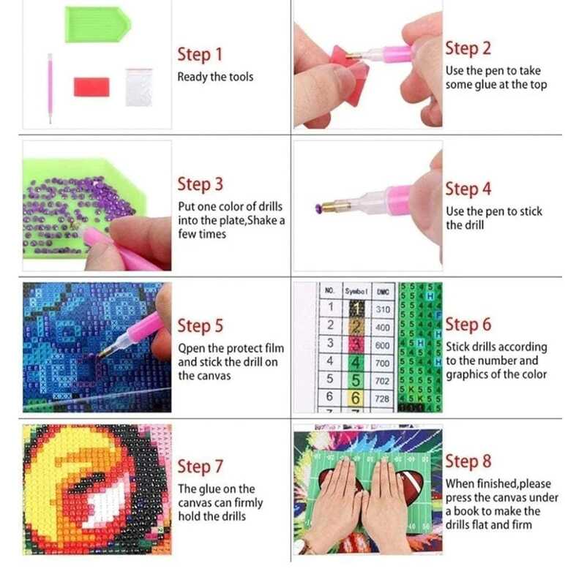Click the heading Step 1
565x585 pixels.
coord(200,54)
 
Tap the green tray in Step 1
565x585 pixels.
coord(98,25)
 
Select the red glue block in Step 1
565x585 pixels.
coord(91,87)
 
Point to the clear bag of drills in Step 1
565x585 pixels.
coord(139,87)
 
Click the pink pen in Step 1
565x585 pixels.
coord(50,88)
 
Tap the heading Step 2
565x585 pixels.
coord(468,49)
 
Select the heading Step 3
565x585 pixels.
coord(200,184)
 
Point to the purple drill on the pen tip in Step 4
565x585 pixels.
coord(318,207)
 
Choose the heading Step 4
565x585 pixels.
coord(468,189)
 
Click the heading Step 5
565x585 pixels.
coord(200,325)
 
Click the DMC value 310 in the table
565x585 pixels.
coord(383,309)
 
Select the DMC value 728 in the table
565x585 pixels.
coord(382,399)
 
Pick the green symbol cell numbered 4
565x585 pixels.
coord(356,363)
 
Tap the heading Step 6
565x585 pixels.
coord(468,325)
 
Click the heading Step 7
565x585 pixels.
coord(200,467)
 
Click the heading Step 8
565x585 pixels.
coord(468,461)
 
